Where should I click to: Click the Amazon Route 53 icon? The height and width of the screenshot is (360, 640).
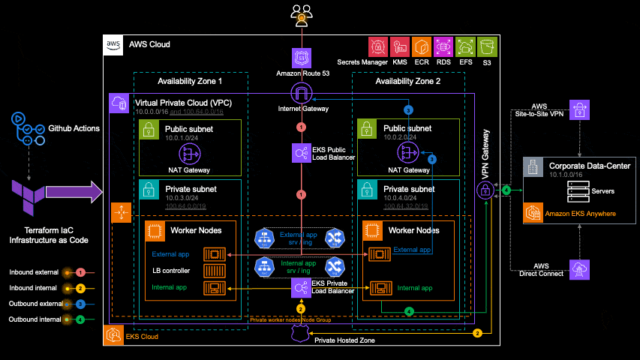[x=301, y=58]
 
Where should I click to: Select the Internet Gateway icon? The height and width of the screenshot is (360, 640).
[x=301, y=94]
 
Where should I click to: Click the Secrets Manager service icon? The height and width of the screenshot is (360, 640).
[x=378, y=47]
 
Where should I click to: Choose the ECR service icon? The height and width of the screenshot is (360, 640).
[x=422, y=47]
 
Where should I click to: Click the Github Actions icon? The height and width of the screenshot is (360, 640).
[x=29, y=129]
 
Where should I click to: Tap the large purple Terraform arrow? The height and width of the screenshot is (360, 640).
[x=74, y=192]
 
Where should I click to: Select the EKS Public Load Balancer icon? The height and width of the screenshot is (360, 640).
[x=301, y=153]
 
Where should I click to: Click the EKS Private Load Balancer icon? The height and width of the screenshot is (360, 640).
[x=301, y=286]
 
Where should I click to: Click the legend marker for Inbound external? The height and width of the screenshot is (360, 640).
[x=80, y=271]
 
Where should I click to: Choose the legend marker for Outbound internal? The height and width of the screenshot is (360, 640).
[x=80, y=320]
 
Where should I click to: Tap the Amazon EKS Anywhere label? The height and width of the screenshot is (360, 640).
[x=580, y=214]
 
